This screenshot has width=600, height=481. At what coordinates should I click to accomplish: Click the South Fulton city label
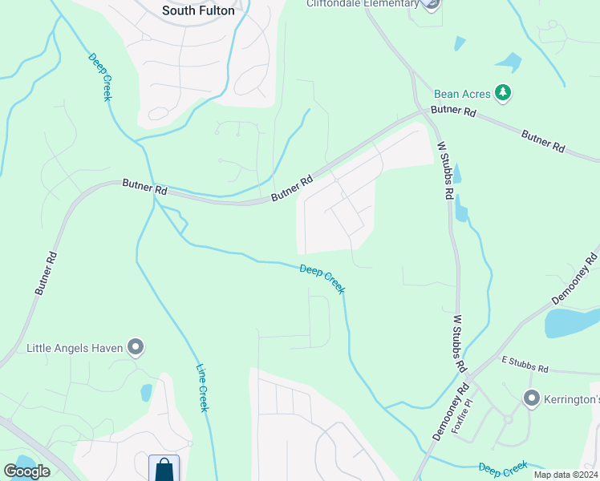point(198,10)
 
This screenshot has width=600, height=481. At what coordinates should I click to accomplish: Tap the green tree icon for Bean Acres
point(503,93)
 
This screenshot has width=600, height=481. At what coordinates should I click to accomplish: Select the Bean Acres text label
point(461,94)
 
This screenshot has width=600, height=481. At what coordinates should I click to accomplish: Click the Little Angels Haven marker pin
point(136,348)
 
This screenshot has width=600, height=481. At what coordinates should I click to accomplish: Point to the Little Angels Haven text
point(76,348)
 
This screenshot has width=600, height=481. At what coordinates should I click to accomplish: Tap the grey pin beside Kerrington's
point(531,398)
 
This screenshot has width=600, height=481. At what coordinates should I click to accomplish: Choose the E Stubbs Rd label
point(525,367)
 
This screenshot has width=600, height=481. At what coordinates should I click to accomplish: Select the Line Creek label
point(203,388)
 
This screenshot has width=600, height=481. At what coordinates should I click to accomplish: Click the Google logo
point(26,471)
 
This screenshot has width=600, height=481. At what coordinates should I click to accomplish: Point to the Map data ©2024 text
point(565,475)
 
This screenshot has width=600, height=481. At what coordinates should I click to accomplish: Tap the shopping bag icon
point(164,468)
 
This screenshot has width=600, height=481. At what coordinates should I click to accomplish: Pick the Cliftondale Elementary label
point(363,4)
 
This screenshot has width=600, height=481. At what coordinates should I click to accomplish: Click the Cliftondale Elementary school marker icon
point(432,5)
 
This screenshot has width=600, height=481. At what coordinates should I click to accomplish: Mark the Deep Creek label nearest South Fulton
point(99,78)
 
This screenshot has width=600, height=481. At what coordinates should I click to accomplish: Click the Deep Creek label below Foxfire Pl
point(503,468)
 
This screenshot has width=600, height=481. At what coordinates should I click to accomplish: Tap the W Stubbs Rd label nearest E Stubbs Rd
point(459,342)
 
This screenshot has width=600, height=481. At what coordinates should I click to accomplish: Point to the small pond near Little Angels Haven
point(146,392)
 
